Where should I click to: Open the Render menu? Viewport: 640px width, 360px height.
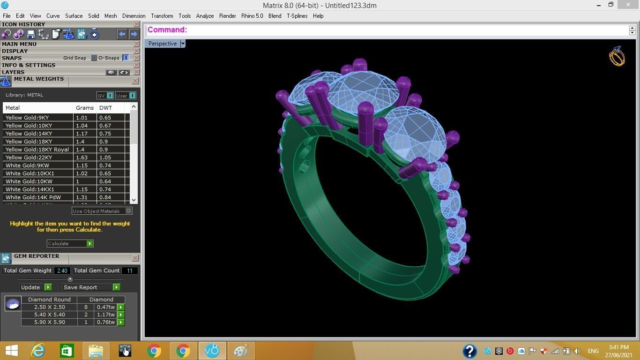[227, 16]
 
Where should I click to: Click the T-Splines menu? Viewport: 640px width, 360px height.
[297, 16]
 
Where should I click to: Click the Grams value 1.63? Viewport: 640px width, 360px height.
[82, 157]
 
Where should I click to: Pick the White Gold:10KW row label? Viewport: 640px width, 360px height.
[29, 181]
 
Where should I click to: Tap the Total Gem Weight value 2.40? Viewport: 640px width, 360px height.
[62, 270]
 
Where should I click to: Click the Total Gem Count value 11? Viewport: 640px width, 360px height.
[130, 270]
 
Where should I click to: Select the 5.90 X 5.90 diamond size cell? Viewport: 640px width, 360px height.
[49, 322]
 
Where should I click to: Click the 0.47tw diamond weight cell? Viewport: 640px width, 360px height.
[105, 307]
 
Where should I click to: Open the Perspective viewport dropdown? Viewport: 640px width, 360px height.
[183, 44]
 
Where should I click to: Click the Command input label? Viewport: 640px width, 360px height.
[167, 30]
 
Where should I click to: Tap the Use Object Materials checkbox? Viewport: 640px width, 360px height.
[128, 211]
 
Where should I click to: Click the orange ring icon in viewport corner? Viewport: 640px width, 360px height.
[617, 56]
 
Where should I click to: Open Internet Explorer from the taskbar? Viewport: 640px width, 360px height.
[38, 351]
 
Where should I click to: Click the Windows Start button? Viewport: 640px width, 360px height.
[11, 351]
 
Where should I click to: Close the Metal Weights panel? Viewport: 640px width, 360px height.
[135, 81]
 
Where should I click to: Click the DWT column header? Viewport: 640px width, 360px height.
[105, 108]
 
